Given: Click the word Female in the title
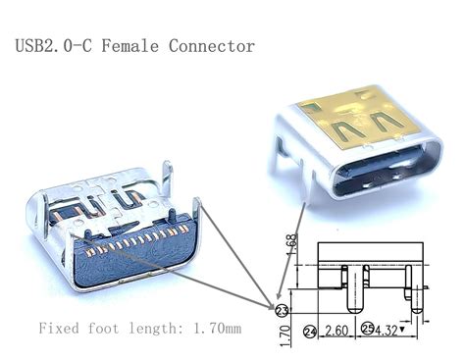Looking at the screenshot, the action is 133,46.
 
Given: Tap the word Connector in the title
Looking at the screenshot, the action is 212,46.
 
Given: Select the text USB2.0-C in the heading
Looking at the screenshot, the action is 54,46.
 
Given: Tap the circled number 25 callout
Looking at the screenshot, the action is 367,330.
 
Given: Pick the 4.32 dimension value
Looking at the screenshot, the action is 390,331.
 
